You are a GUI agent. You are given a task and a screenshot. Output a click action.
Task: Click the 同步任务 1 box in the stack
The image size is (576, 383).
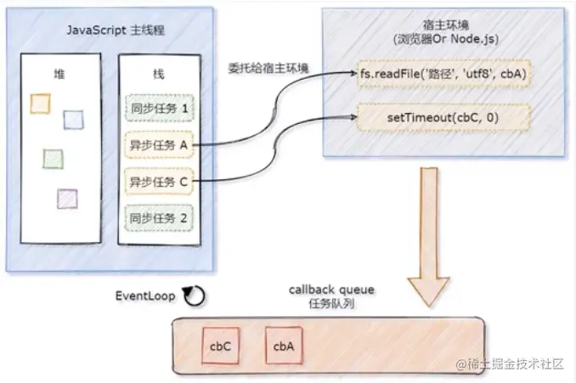point(160,108)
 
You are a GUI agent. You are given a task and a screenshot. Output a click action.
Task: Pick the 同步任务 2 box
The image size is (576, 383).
point(160,217)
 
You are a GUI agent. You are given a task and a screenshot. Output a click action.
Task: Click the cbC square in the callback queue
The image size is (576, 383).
point(221,346)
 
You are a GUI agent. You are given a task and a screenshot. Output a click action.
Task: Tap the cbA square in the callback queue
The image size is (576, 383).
point(284,346)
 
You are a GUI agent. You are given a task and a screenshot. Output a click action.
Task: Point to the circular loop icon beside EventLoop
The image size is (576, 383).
point(194,296)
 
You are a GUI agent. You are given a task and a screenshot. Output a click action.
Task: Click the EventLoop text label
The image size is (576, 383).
point(145,296)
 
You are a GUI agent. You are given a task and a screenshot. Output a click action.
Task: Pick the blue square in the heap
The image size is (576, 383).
point(74,121)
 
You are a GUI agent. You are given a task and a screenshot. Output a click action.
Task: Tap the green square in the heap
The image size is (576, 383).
point(53,158)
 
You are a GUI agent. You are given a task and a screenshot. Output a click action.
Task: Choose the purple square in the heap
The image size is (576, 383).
point(67,198)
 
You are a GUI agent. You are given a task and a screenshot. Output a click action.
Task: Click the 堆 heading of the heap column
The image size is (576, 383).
point(59,74)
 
